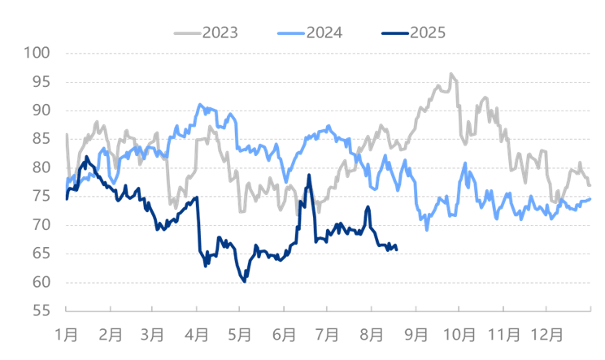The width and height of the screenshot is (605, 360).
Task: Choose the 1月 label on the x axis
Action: click(x=67, y=334)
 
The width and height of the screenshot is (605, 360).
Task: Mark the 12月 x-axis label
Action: click(x=547, y=334)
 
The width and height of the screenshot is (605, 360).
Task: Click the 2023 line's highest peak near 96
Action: click(x=451, y=73)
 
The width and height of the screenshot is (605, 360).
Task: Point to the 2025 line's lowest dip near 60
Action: click(x=243, y=282)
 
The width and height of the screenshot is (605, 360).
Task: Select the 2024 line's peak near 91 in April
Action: click(x=200, y=104)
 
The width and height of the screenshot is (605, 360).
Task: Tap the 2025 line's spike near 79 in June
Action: click(x=309, y=175)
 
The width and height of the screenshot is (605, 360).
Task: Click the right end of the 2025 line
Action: click(x=396, y=248)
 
